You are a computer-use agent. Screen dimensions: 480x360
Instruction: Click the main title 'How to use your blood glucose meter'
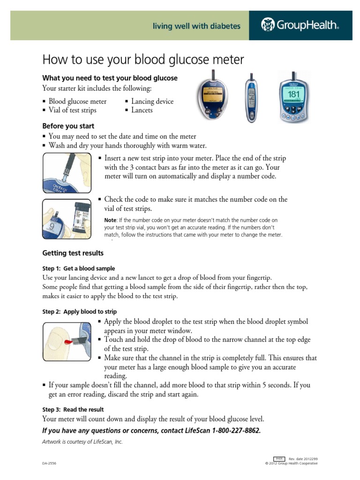143,60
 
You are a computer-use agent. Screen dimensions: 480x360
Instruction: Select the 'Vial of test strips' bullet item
72,110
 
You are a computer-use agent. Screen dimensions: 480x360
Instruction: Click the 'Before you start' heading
68,126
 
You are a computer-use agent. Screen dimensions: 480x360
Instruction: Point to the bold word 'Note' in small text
110,220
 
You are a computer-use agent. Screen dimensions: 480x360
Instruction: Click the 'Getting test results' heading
73,253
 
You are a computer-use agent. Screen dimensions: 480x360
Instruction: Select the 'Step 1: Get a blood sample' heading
79,269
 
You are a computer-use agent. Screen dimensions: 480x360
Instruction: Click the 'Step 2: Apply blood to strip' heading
80,312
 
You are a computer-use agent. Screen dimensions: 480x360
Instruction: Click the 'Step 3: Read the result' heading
73,409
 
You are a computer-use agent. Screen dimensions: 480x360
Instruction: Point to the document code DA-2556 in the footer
49,463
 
